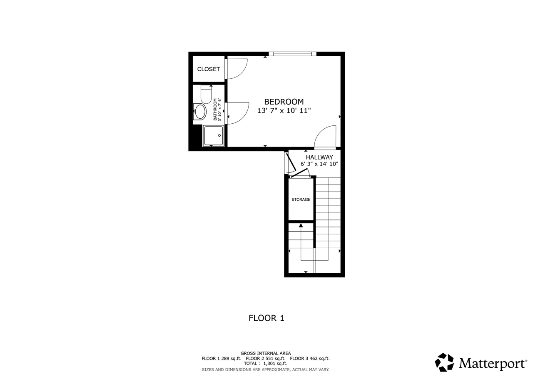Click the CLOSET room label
(x=209, y=69)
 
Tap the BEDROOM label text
(x=284, y=102)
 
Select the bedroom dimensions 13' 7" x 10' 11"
(x=284, y=111)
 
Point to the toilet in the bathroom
(x=206, y=95)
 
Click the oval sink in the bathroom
(x=200, y=112)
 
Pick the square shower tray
(x=213, y=135)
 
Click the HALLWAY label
(x=319, y=157)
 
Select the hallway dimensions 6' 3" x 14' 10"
(x=319, y=164)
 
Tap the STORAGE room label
(x=301, y=200)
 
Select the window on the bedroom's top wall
(x=292, y=53)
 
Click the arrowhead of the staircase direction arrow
(x=301, y=225)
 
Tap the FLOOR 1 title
(x=266, y=318)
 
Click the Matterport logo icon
(x=444, y=362)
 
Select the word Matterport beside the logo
(x=493, y=363)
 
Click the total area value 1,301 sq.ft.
(x=275, y=364)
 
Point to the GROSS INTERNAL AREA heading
(x=266, y=353)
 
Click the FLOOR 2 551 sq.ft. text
(x=266, y=358)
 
